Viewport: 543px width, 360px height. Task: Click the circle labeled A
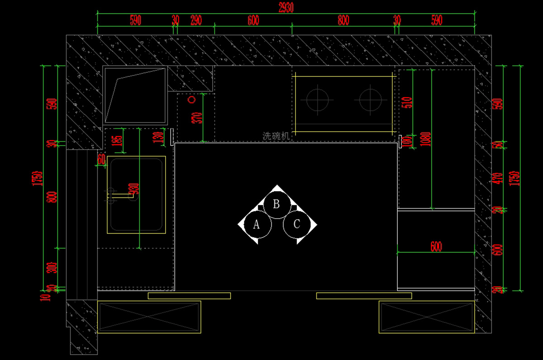(x=256, y=224)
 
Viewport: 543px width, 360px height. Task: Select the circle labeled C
(x=296, y=224)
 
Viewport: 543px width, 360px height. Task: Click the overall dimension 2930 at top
(x=286, y=7)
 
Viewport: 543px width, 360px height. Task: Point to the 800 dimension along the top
(x=343, y=20)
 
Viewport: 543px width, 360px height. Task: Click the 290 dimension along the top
(x=195, y=20)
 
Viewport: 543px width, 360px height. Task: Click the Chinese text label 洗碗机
(x=276, y=135)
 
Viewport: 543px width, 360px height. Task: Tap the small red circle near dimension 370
(x=191, y=99)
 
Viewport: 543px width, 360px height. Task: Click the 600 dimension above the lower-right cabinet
(x=436, y=246)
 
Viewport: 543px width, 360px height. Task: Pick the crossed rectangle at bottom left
(x=149, y=317)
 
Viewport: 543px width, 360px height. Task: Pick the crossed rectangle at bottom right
(x=426, y=317)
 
